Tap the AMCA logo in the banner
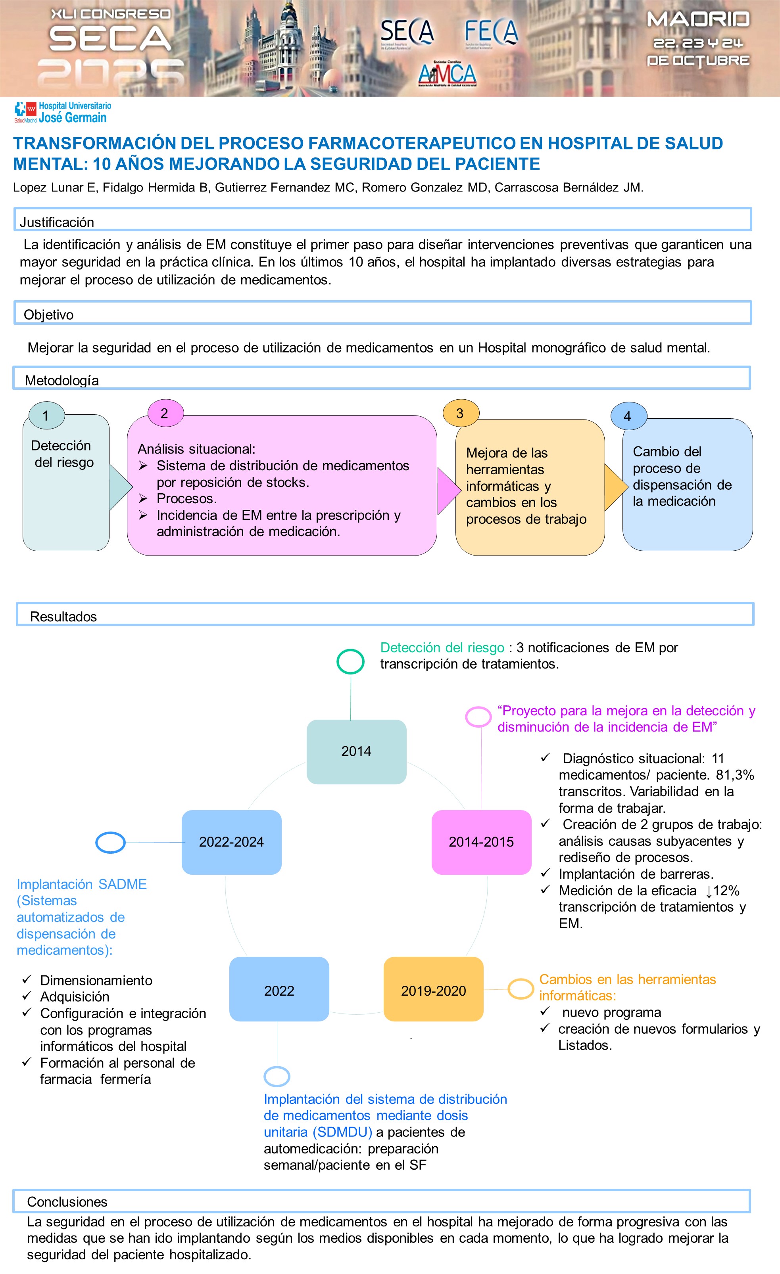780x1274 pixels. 447,74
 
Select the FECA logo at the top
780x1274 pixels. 491,32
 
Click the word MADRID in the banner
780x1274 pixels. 698,20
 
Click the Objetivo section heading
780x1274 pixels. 49,314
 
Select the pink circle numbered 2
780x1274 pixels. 165,413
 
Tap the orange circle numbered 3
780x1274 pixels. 460,413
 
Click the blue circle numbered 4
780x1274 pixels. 628,416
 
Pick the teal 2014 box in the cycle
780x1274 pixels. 356,751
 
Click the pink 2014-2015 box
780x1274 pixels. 481,842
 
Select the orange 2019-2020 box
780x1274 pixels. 434,990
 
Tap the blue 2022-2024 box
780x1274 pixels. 231,842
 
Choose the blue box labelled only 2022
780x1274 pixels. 279,990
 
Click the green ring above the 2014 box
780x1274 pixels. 350,661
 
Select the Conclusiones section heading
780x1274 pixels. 67,1201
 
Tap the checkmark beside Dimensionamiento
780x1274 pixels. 27,979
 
